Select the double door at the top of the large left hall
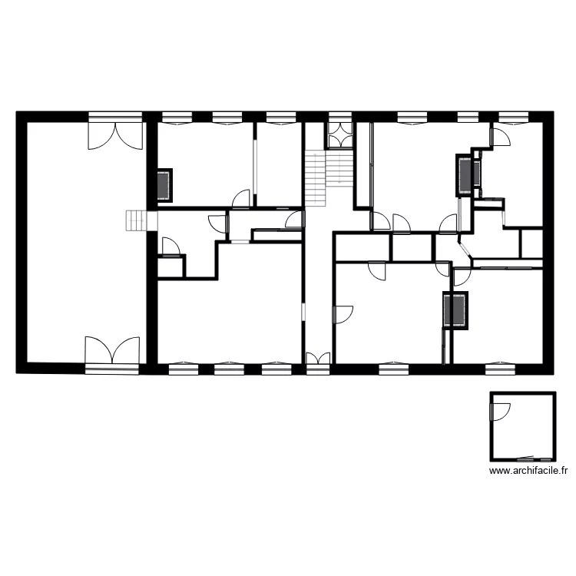pos(115,135)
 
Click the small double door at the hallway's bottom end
pos(317,359)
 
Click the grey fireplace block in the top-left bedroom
pos(164,185)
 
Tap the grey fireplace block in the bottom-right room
pos(458,310)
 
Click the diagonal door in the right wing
pos(465,250)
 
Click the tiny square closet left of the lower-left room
pos(171,266)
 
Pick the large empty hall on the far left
pos(84,238)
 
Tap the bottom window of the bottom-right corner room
pos(501,368)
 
